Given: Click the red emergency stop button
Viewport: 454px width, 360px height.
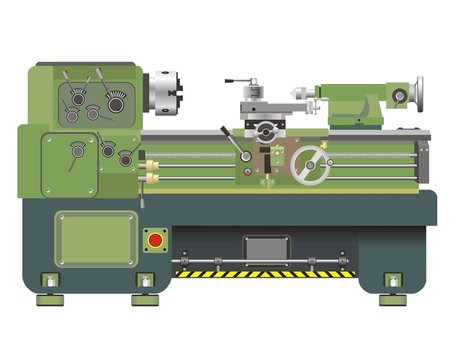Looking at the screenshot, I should click(156, 241).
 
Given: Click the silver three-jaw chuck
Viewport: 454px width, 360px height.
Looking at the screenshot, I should click(162, 93).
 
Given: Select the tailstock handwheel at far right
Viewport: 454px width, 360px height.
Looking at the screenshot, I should click(417, 93).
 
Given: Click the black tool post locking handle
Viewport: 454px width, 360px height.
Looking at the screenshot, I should click(236, 82).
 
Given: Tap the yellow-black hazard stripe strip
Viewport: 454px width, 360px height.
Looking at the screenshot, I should click(262, 273).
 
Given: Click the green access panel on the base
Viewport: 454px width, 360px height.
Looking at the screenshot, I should click(95, 240).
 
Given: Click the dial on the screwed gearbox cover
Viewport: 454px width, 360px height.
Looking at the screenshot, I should click(75, 150).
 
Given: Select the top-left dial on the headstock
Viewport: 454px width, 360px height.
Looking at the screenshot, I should click(73, 95).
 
